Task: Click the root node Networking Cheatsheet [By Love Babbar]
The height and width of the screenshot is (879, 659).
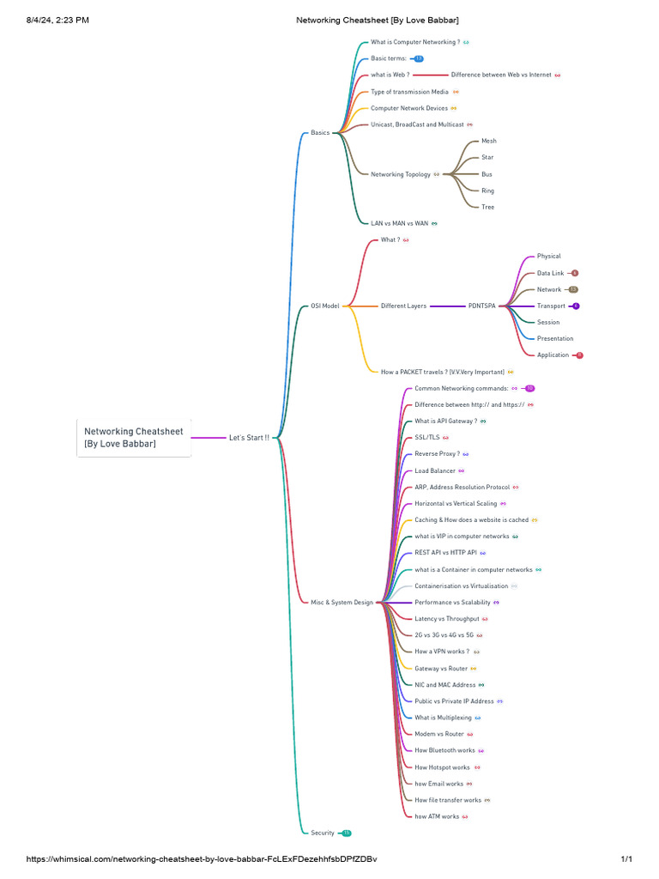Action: click(133, 437)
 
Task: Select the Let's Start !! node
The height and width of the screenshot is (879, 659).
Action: click(249, 438)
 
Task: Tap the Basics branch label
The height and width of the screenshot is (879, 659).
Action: click(320, 133)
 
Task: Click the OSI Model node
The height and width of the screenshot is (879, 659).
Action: click(325, 306)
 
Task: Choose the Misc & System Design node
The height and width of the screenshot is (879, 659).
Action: click(342, 603)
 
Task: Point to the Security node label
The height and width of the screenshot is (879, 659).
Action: click(323, 833)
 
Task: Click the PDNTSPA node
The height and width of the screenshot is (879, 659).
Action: click(482, 306)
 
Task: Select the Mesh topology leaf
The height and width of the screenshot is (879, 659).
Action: click(488, 141)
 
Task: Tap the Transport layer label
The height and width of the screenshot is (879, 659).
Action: click(551, 306)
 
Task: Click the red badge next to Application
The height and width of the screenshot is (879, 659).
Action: click(579, 355)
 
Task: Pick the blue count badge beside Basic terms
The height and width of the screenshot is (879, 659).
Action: click(419, 58)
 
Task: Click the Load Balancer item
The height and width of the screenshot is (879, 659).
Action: click(435, 470)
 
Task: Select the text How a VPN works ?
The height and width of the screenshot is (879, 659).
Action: click(442, 652)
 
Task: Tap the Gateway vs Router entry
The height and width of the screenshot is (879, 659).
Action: click(441, 668)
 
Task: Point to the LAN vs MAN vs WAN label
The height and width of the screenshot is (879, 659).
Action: click(399, 223)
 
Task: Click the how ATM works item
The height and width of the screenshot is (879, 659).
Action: click(437, 816)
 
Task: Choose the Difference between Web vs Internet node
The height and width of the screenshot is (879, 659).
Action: click(501, 75)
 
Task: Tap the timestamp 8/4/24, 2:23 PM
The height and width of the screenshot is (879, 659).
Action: click(57, 20)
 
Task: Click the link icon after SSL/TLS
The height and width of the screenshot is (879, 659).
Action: click(445, 438)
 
